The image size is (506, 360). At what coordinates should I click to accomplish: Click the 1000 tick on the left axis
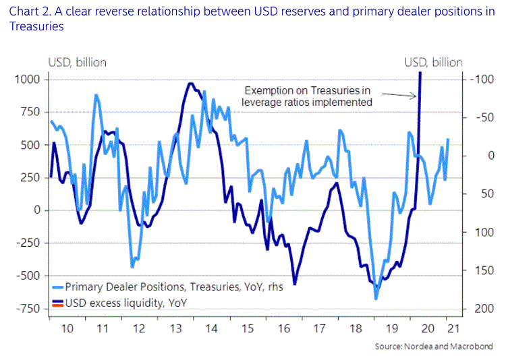(x=26, y=80)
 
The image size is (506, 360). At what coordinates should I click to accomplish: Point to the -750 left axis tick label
(x=26, y=308)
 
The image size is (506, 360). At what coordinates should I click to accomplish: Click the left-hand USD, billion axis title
(x=76, y=63)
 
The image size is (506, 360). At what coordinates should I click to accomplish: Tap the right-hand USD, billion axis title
(x=433, y=63)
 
